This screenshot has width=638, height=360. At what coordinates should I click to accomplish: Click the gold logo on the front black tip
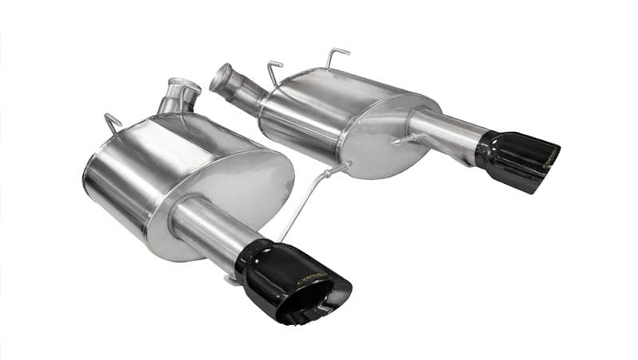click(x=310, y=278)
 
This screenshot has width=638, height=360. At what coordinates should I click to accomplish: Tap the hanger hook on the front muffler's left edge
click(x=112, y=123)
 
